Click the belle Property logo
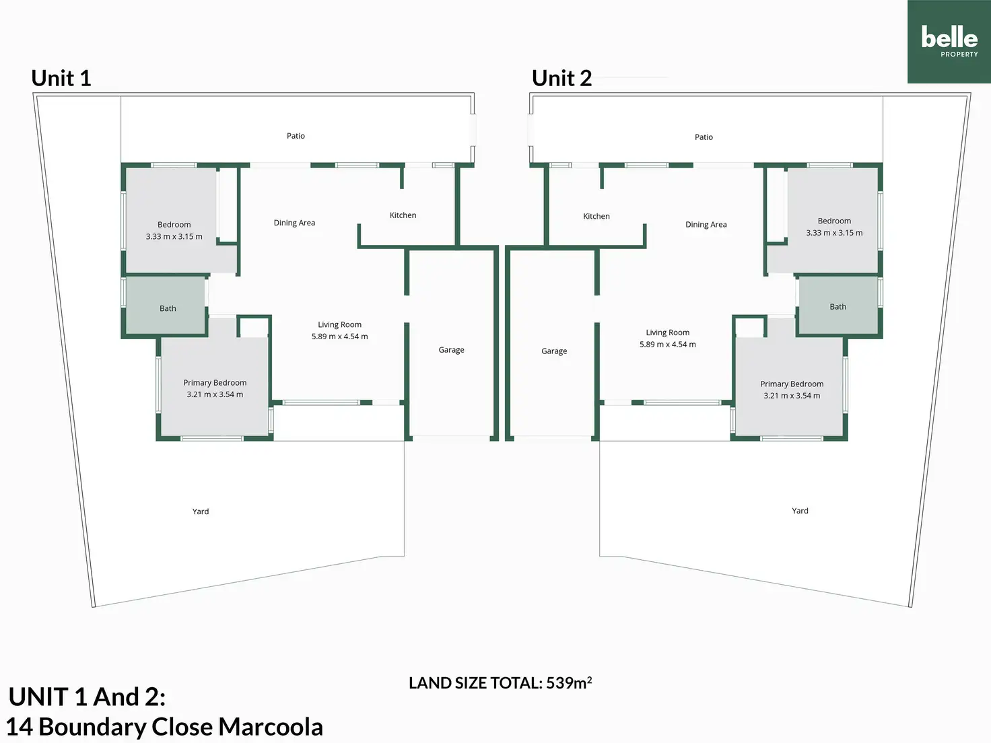point(949,42)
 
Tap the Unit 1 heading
point(61,78)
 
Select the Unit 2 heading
point(561,78)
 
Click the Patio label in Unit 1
point(296,136)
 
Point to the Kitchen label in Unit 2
point(596,216)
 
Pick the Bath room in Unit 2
point(838,306)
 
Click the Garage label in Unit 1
point(452,349)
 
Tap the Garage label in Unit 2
point(554,351)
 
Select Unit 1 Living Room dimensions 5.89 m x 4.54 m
point(339,337)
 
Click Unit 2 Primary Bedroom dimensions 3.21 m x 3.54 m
point(792,396)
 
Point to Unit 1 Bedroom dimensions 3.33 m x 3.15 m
point(174,236)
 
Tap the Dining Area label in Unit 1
point(294,223)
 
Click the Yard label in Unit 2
point(800,511)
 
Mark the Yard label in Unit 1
point(201,511)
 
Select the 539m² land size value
point(569,682)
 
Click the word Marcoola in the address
point(271,727)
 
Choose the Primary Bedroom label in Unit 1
point(215,382)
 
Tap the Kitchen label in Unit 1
point(403,215)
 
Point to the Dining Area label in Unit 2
point(706,225)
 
